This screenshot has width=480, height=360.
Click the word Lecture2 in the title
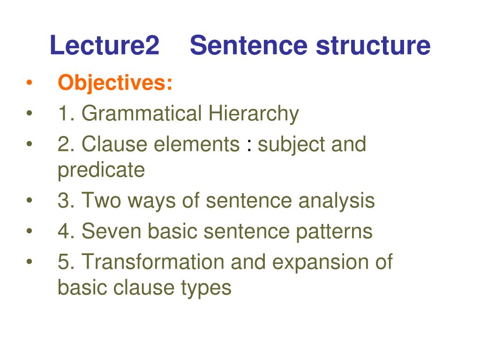tap(105, 46)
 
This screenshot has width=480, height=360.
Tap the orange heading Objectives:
tap(115, 84)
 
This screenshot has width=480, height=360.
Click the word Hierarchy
tap(254, 114)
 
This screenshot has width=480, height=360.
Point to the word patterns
tap(333, 232)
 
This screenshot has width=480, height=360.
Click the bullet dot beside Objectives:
tap(29, 84)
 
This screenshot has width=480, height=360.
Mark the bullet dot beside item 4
tap(29, 232)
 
